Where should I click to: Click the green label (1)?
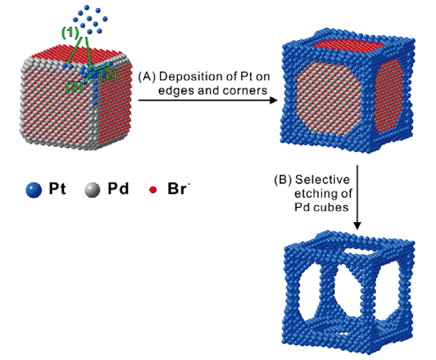[x=70, y=32]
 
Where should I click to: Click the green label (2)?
[x=108, y=75]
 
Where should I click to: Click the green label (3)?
[x=74, y=86]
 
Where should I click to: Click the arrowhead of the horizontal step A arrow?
[x=275, y=100]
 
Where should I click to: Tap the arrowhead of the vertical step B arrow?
[x=357, y=225]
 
